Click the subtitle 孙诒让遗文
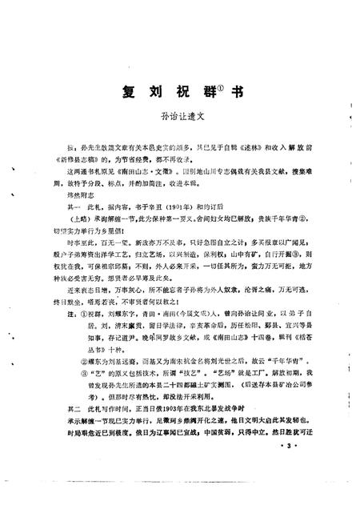pyautogui.click(x=179, y=116)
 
